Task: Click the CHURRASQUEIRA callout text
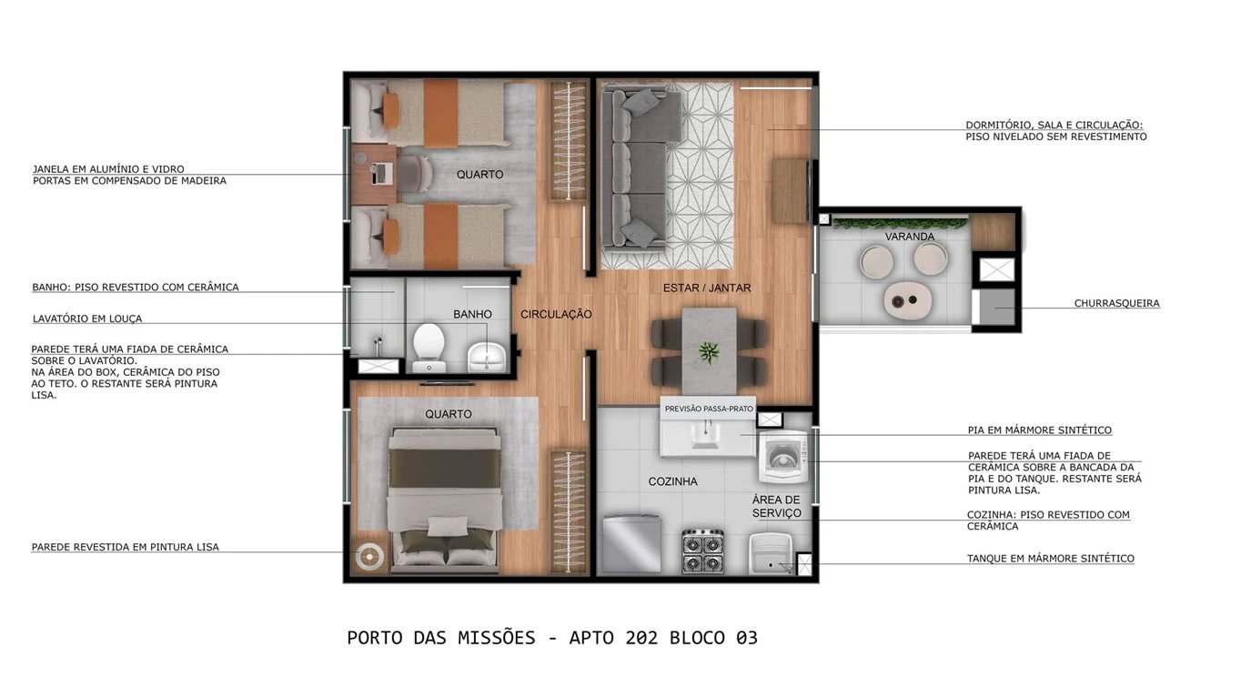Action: click(1116, 304)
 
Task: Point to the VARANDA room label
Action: click(910, 237)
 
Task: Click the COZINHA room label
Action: click(672, 481)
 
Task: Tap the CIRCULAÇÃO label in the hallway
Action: click(556, 315)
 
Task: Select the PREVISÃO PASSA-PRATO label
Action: click(709, 409)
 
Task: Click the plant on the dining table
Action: click(708, 351)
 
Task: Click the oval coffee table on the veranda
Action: click(906, 298)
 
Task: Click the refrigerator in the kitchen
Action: click(631, 543)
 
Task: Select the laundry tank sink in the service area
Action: click(771, 553)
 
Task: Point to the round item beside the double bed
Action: click(368, 556)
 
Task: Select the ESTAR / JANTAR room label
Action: click(706, 288)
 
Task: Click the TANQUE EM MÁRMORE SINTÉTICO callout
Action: click(1050, 559)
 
